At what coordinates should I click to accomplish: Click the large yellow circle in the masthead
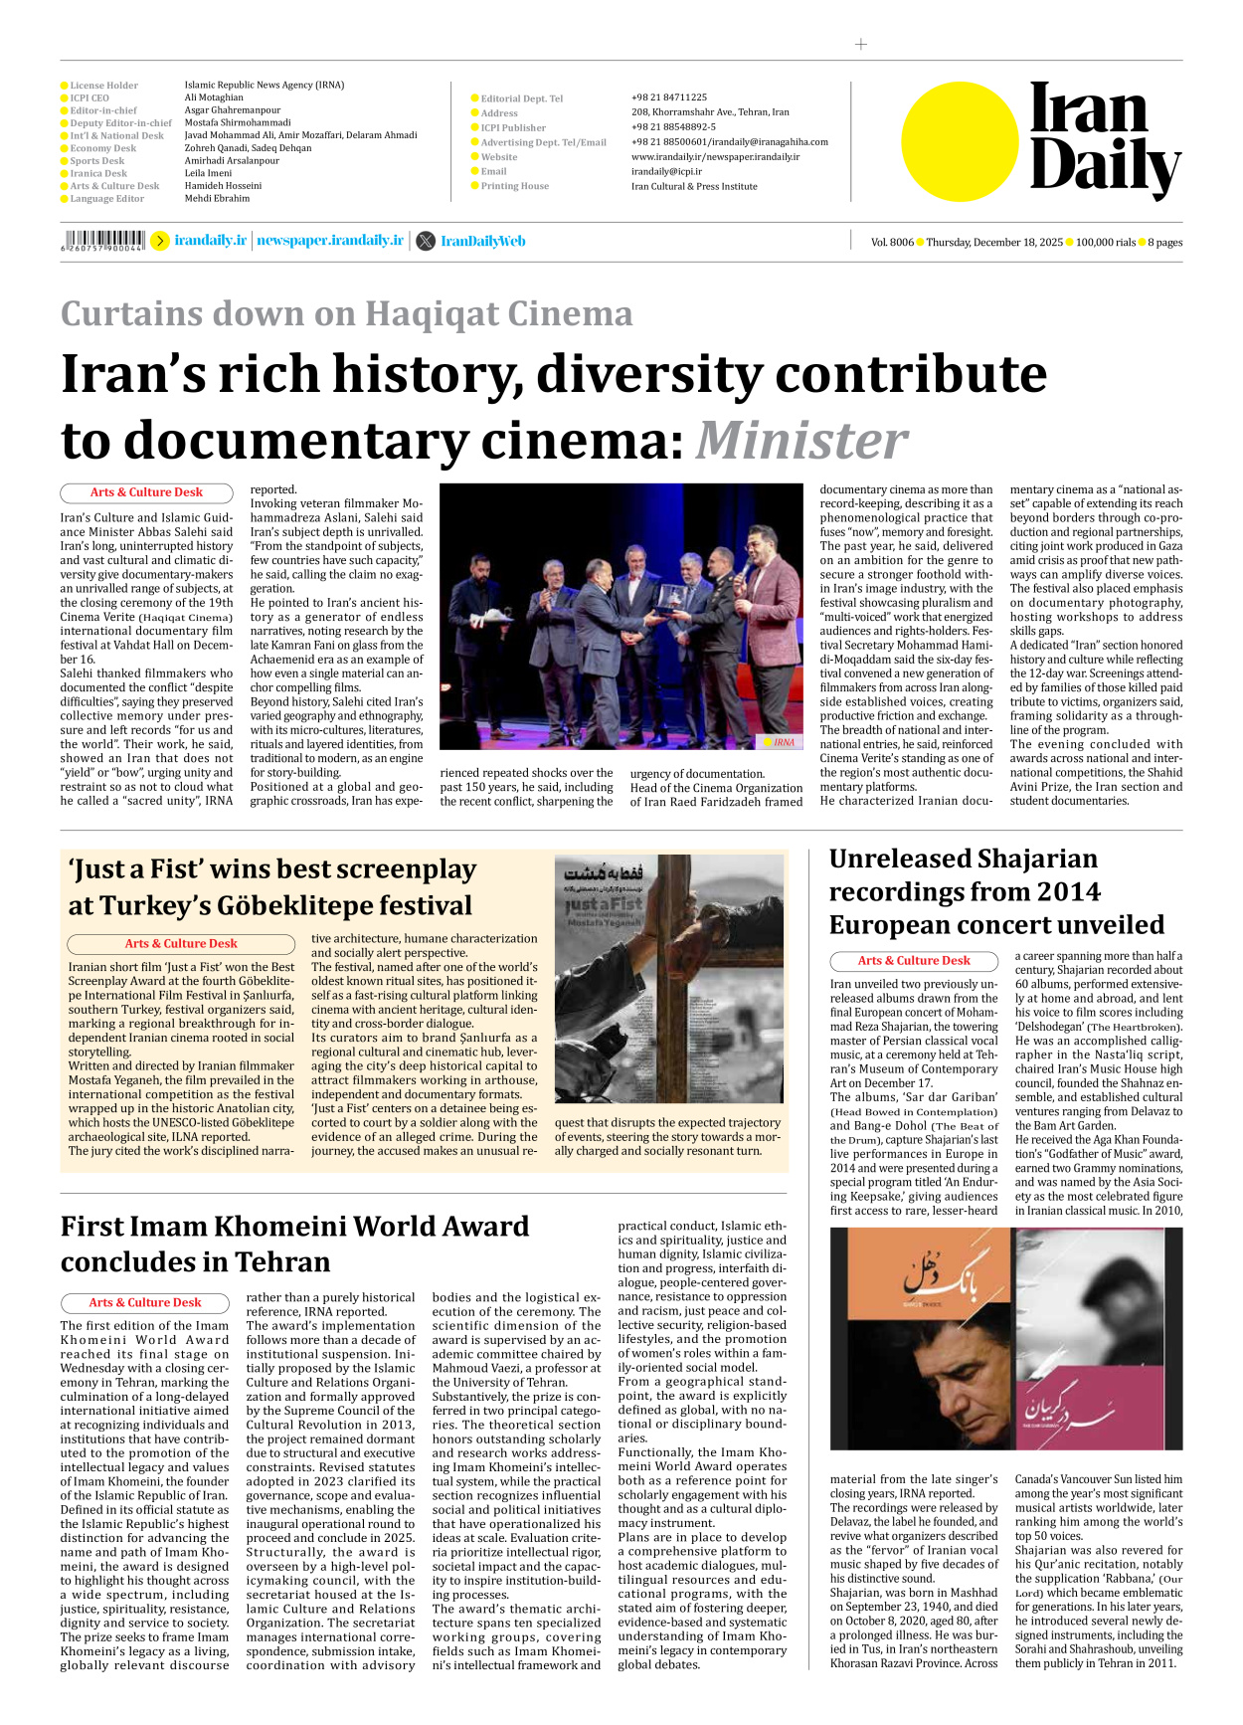[960, 141]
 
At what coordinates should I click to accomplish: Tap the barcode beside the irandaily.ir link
[102, 240]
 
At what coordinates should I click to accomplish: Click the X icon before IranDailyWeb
[426, 241]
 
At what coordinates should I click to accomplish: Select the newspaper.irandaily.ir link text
[330, 241]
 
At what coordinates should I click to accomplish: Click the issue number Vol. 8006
[891, 242]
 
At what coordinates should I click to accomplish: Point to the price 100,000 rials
[1105, 242]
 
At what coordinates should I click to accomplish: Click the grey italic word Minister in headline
[800, 440]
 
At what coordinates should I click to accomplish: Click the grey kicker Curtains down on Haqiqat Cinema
[346, 313]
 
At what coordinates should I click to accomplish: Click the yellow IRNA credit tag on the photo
[783, 741]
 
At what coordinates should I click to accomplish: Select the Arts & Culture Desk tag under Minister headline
[146, 492]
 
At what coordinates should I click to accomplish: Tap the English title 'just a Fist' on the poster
[604, 905]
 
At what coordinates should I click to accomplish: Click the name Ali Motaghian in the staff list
[214, 97]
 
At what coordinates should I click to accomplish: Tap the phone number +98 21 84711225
[669, 97]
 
